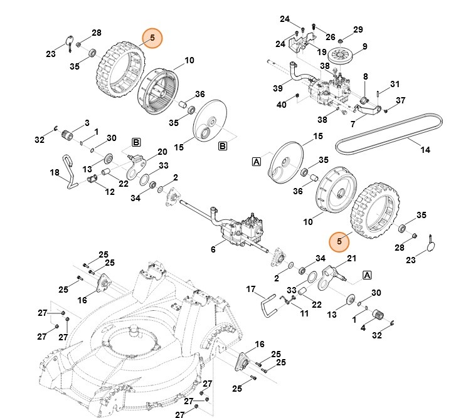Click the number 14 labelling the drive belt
tap(425, 150)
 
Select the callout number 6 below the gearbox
tap(213, 250)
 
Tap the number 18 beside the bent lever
tap(55, 172)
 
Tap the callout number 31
tap(395, 85)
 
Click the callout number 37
tap(401, 100)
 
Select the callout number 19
tap(322, 52)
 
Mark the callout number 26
tap(331, 37)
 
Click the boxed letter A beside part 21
tap(367, 274)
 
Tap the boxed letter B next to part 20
tap(135, 142)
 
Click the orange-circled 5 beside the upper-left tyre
tap(152, 39)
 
